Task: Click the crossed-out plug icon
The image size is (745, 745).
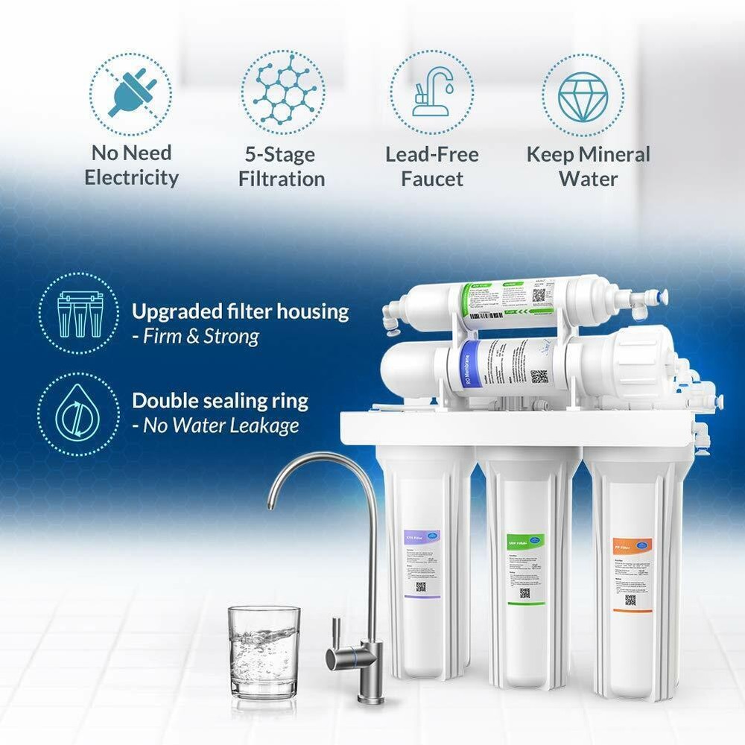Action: click(x=131, y=94)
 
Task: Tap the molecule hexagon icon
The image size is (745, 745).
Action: click(x=282, y=92)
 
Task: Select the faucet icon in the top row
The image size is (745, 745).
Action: click(x=431, y=93)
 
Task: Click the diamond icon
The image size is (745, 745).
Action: click(x=583, y=95)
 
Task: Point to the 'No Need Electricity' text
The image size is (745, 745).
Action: click(x=131, y=165)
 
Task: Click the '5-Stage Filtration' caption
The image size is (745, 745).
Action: click(x=282, y=167)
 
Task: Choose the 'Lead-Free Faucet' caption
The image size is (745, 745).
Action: click(x=432, y=167)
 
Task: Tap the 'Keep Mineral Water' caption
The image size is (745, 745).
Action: click(x=588, y=166)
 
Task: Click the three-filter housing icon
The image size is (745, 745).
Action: click(x=80, y=313)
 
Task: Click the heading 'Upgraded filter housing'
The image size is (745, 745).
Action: click(x=240, y=311)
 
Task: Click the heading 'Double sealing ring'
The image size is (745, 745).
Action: click(x=220, y=401)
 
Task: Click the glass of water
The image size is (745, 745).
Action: click(x=264, y=652)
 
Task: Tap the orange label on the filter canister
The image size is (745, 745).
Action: click(x=632, y=574)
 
